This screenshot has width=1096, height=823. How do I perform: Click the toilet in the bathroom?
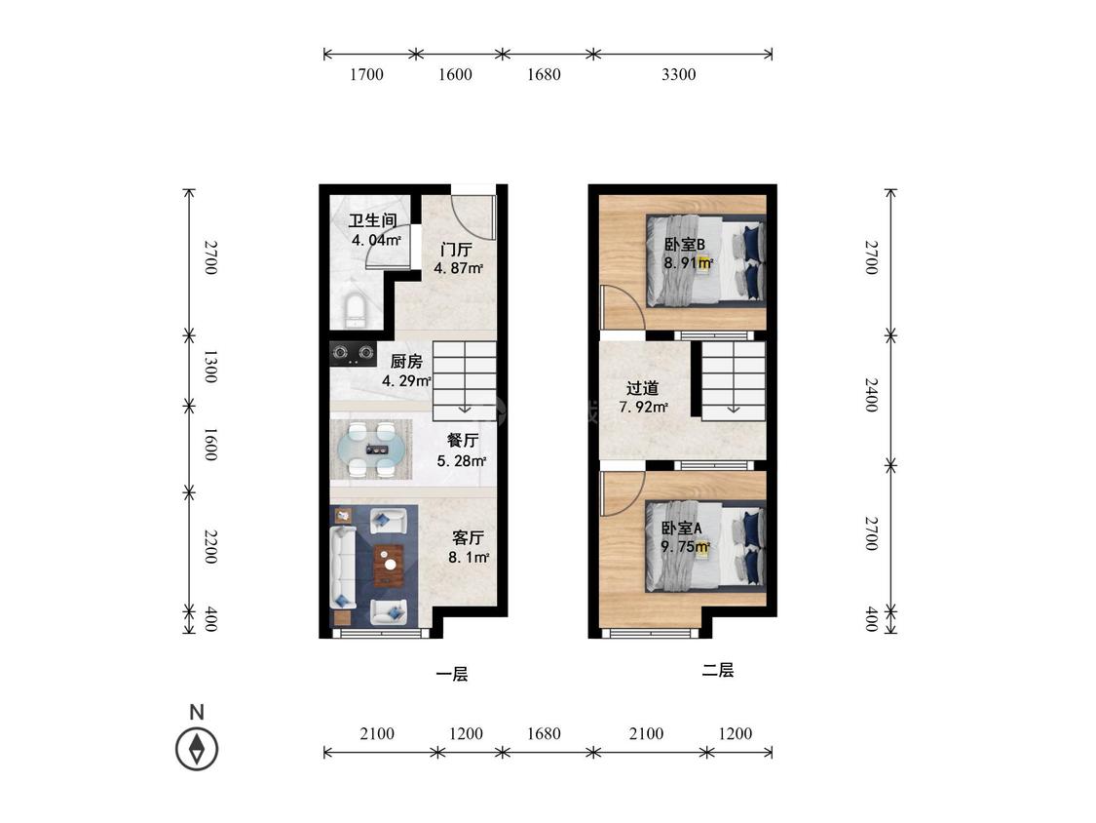coord(357,311)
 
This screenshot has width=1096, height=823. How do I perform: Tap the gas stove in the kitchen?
coord(353,353)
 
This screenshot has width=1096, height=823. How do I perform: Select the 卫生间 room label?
coord(372,221)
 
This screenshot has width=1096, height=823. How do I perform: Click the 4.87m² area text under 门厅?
coord(459,268)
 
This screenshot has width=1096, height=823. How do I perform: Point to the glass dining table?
coord(370,450)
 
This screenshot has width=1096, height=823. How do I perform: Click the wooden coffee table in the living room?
coord(389,565)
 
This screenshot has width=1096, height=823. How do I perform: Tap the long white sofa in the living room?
coord(343,568)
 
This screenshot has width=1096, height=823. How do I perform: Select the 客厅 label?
coord(468,537)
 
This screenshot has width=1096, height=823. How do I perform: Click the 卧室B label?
coord(684,244)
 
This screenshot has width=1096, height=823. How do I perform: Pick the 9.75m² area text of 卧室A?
coord(686,547)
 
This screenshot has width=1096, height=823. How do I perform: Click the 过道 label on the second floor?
coord(642,388)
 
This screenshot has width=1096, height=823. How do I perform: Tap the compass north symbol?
coord(197,748)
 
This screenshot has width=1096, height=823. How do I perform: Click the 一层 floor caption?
coord(451,674)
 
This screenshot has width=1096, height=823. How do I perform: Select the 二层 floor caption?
coord(718,671)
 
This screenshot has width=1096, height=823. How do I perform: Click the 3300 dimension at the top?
coord(679,74)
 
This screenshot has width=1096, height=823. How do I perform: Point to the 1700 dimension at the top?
coord(366,74)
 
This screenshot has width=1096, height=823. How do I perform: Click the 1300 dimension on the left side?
coord(209,367)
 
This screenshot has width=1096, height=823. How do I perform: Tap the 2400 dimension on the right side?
coord(871,395)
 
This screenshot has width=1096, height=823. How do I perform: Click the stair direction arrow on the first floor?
coord(465,408)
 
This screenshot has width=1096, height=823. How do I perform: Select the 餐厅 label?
coord(462,440)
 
